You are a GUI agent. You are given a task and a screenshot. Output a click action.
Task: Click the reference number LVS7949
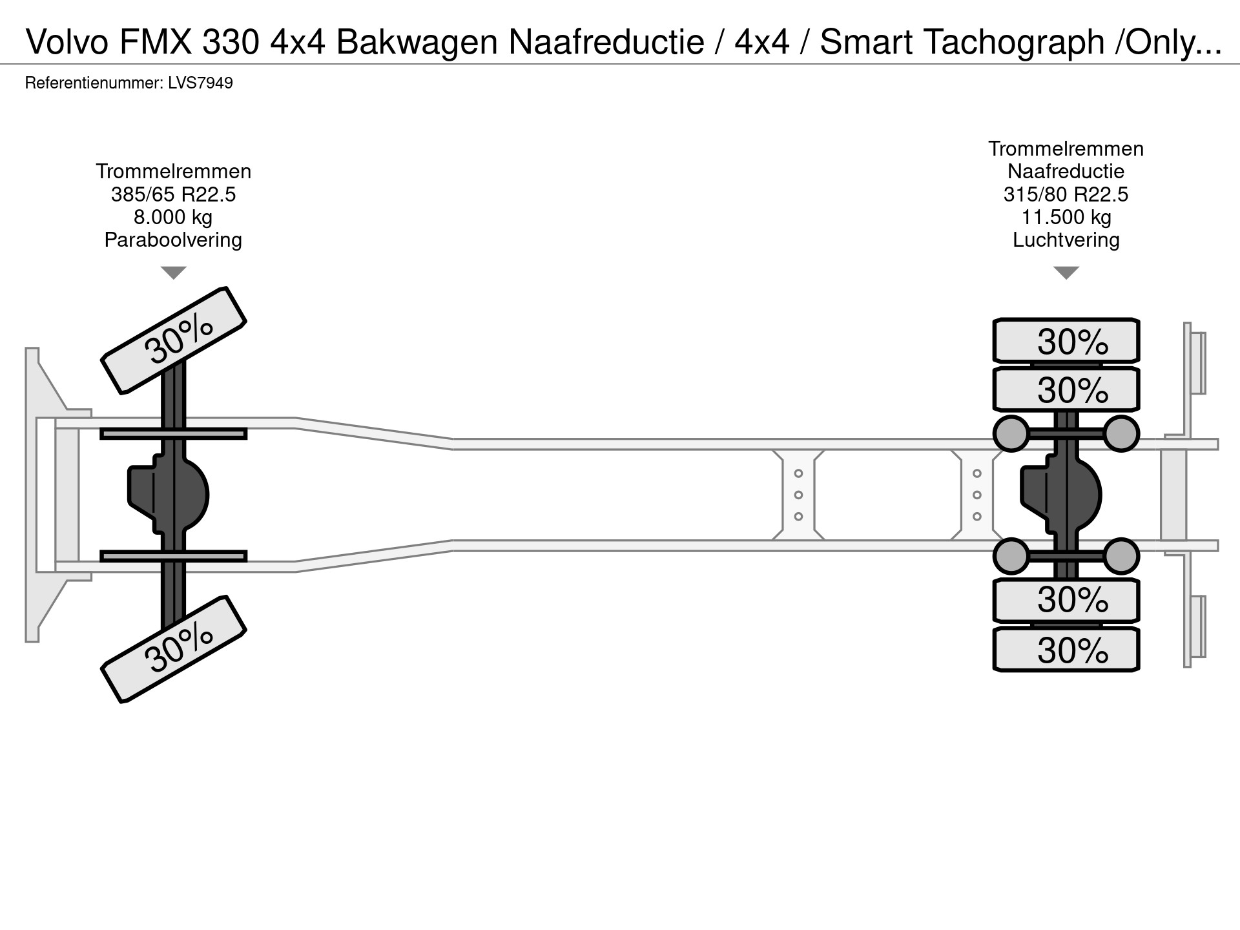(200, 83)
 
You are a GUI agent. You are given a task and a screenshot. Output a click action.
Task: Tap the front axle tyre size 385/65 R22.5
(173, 194)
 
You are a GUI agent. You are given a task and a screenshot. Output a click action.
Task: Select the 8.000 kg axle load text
(173, 217)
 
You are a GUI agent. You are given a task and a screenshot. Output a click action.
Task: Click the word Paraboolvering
(173, 240)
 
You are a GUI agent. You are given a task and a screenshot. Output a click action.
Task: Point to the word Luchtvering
(1066, 240)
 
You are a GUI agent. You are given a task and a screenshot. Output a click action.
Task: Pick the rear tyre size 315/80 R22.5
(1066, 194)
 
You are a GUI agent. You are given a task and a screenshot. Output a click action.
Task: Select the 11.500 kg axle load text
(1066, 217)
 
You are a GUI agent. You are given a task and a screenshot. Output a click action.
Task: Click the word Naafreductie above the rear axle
(1066, 171)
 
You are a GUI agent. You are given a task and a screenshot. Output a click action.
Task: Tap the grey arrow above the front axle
(173, 273)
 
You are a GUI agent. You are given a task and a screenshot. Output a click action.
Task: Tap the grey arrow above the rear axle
(1066, 273)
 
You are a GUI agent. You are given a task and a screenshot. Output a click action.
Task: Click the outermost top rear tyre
(1066, 340)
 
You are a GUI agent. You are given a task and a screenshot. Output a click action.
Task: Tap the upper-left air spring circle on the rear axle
(1011, 433)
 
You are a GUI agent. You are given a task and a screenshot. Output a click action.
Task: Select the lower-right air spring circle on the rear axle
(1121, 556)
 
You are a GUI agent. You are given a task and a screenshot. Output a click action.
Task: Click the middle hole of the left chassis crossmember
(798, 495)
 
